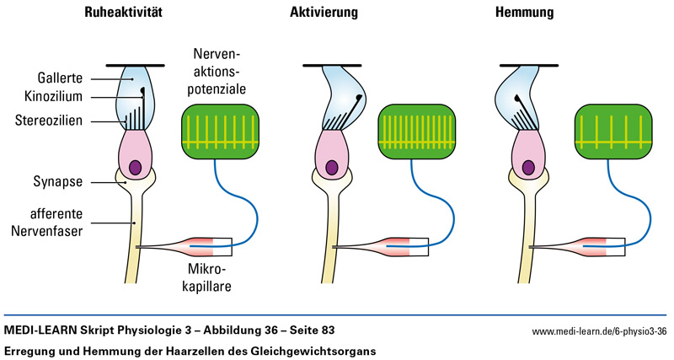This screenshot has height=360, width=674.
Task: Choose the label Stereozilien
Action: pyautogui.click(x=48, y=121)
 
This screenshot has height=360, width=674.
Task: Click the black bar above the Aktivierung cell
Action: pyautogui.click(x=332, y=65)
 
